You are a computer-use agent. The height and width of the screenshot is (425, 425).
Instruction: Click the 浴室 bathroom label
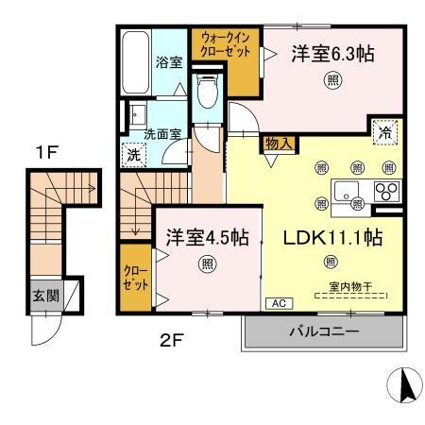169,62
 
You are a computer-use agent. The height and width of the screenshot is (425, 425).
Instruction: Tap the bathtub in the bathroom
135,62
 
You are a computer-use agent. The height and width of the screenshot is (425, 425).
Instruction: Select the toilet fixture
208,91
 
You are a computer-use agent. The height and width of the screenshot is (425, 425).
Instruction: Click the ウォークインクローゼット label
226,45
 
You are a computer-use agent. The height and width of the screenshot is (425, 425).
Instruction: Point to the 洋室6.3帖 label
333,54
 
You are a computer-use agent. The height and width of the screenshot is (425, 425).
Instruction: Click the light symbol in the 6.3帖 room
333,80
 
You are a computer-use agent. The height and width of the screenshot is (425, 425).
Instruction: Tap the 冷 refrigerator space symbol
384,132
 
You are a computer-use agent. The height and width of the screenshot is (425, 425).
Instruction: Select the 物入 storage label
280,144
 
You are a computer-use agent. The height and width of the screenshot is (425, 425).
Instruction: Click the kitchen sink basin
347,191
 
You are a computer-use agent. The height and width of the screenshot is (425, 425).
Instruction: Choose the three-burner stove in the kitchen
387,191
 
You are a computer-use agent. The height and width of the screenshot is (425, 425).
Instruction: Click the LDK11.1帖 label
333,238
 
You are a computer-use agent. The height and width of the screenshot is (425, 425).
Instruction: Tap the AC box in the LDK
280,303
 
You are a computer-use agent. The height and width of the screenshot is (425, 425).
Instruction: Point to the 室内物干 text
350,286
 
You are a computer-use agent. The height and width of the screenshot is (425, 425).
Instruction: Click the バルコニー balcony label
324,331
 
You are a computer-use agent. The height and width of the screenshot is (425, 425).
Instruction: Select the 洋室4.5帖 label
208,237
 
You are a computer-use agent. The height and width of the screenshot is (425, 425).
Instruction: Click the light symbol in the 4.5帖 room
208,263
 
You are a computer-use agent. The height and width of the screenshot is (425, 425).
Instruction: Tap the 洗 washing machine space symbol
134,155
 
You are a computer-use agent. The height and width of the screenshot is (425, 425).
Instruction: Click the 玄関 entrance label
46,296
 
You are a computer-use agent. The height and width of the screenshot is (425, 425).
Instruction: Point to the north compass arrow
406,385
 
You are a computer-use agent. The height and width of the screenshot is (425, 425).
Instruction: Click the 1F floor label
47,153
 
